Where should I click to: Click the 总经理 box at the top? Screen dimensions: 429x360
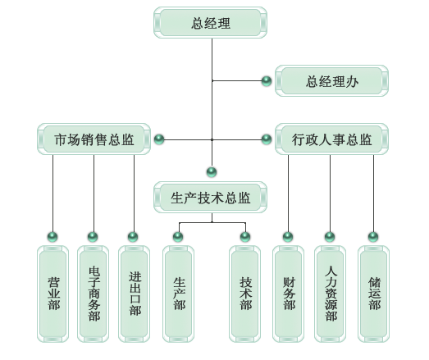(210, 23)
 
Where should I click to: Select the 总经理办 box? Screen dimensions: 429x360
(331, 81)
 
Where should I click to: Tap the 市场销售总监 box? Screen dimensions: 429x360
(94, 139)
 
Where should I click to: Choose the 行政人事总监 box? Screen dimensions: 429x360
(331, 139)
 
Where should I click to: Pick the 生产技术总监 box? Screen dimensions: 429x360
(210, 198)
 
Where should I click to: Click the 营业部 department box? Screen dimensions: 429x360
(52, 294)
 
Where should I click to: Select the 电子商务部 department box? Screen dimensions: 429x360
(93, 294)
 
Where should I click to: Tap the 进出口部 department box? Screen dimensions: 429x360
(134, 294)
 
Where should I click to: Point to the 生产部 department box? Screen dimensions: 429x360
(178, 294)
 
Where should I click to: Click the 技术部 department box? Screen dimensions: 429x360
(245, 294)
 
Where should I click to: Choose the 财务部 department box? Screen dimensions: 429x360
(289, 294)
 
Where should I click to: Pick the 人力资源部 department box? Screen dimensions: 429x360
(331, 294)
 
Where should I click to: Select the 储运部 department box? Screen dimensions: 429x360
(374, 294)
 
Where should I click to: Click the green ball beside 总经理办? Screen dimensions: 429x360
(267, 81)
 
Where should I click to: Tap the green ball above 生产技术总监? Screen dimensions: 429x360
(212, 172)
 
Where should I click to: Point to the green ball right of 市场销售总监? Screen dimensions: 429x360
(159, 139)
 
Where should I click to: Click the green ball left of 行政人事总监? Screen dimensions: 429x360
(267, 139)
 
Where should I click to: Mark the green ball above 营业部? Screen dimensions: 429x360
(52, 237)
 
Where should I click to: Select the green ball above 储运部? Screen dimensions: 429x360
(373, 237)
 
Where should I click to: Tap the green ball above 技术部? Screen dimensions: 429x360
(245, 237)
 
